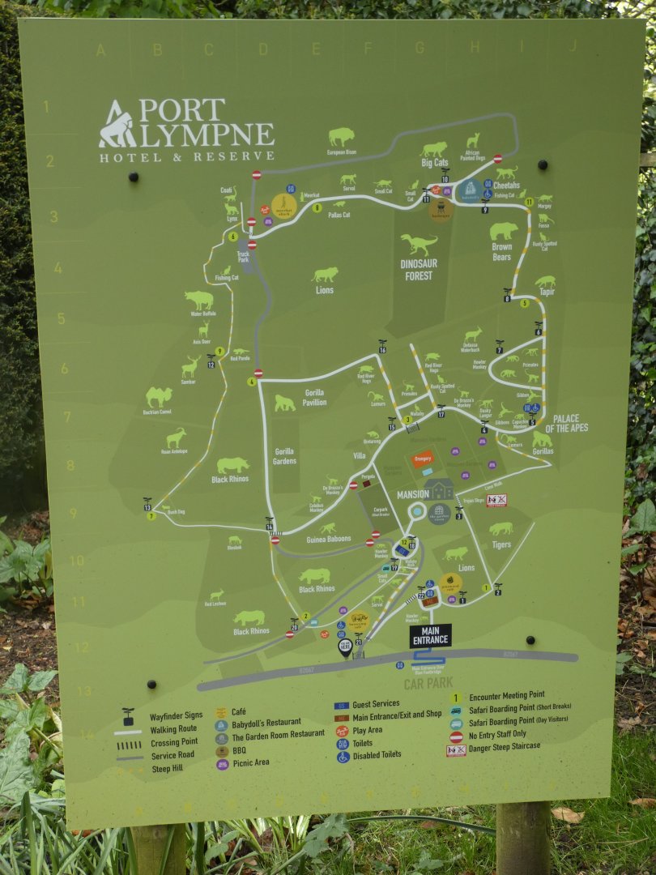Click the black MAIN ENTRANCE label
pyautogui.click(x=430, y=635)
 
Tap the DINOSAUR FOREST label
pyautogui.click(x=418, y=270)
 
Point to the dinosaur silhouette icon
pyautogui.click(x=419, y=243)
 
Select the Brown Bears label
pyautogui.click(x=502, y=251)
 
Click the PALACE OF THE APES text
pyautogui.click(x=566, y=424)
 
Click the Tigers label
pyautogui.click(x=501, y=544)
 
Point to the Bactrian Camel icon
pyautogui.click(x=159, y=396)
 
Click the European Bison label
pyautogui.click(x=341, y=152)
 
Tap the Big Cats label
pyautogui.click(x=434, y=163)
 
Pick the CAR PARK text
pyautogui.click(x=428, y=683)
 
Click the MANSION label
pyautogui.click(x=412, y=494)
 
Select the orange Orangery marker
pyautogui.click(x=422, y=459)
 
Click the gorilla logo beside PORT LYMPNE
pyautogui.click(x=117, y=125)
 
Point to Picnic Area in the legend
pyautogui.click(x=250, y=762)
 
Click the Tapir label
pyautogui.click(x=547, y=292)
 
